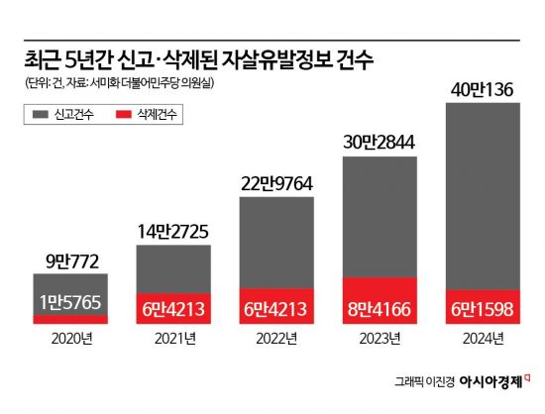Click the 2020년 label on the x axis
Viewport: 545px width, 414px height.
[70, 338]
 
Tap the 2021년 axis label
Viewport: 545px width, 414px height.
[174, 338]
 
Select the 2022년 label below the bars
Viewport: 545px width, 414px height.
[277, 338]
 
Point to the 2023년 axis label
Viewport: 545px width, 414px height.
[381, 338]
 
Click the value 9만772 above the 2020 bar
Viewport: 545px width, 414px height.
[70, 262]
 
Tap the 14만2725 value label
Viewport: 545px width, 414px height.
[174, 231]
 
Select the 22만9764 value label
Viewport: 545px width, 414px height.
[277, 182]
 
